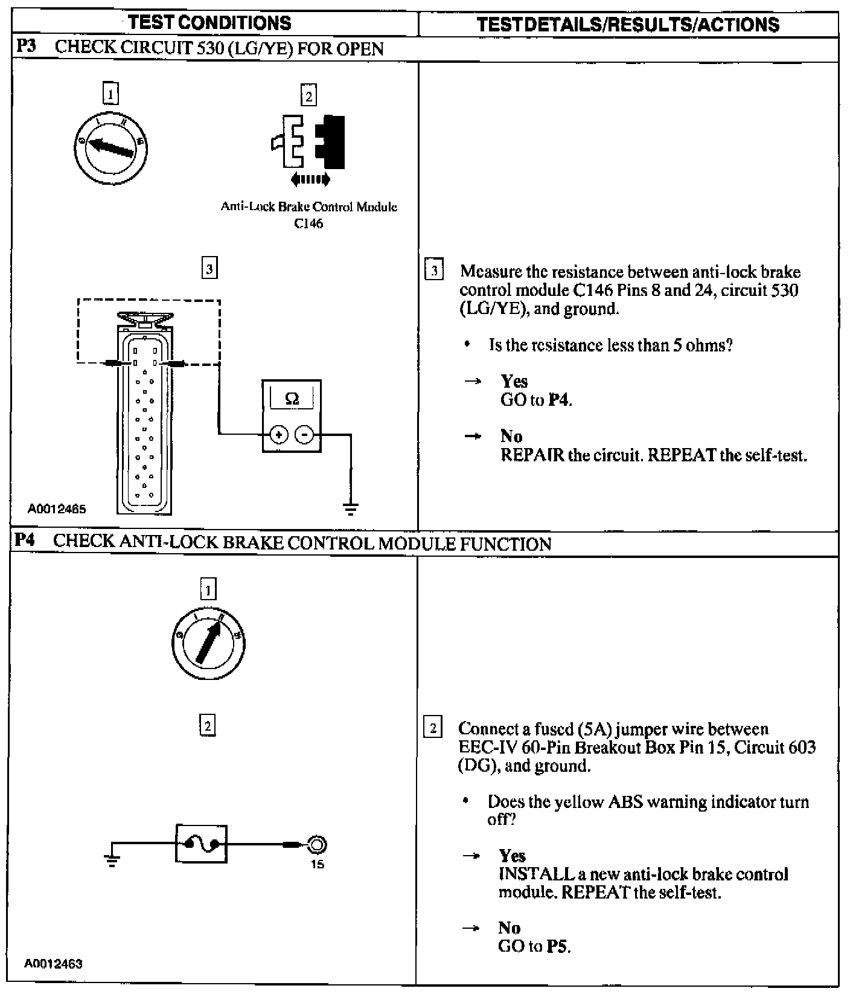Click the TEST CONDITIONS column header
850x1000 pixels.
pos(209,23)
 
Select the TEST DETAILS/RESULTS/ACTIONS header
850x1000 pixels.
pos(628,24)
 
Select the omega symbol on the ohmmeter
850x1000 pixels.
pos(292,399)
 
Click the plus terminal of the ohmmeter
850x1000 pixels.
pos(278,434)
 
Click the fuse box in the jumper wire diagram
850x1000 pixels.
pos(202,844)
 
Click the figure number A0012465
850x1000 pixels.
pos(57,509)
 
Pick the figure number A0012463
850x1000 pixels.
pos(53,964)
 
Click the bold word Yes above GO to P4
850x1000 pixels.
pos(514,382)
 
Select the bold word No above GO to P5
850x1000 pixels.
pos(510,928)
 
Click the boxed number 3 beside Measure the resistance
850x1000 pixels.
pos(434,269)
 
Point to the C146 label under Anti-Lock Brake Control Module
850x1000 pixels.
pos(308,223)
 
